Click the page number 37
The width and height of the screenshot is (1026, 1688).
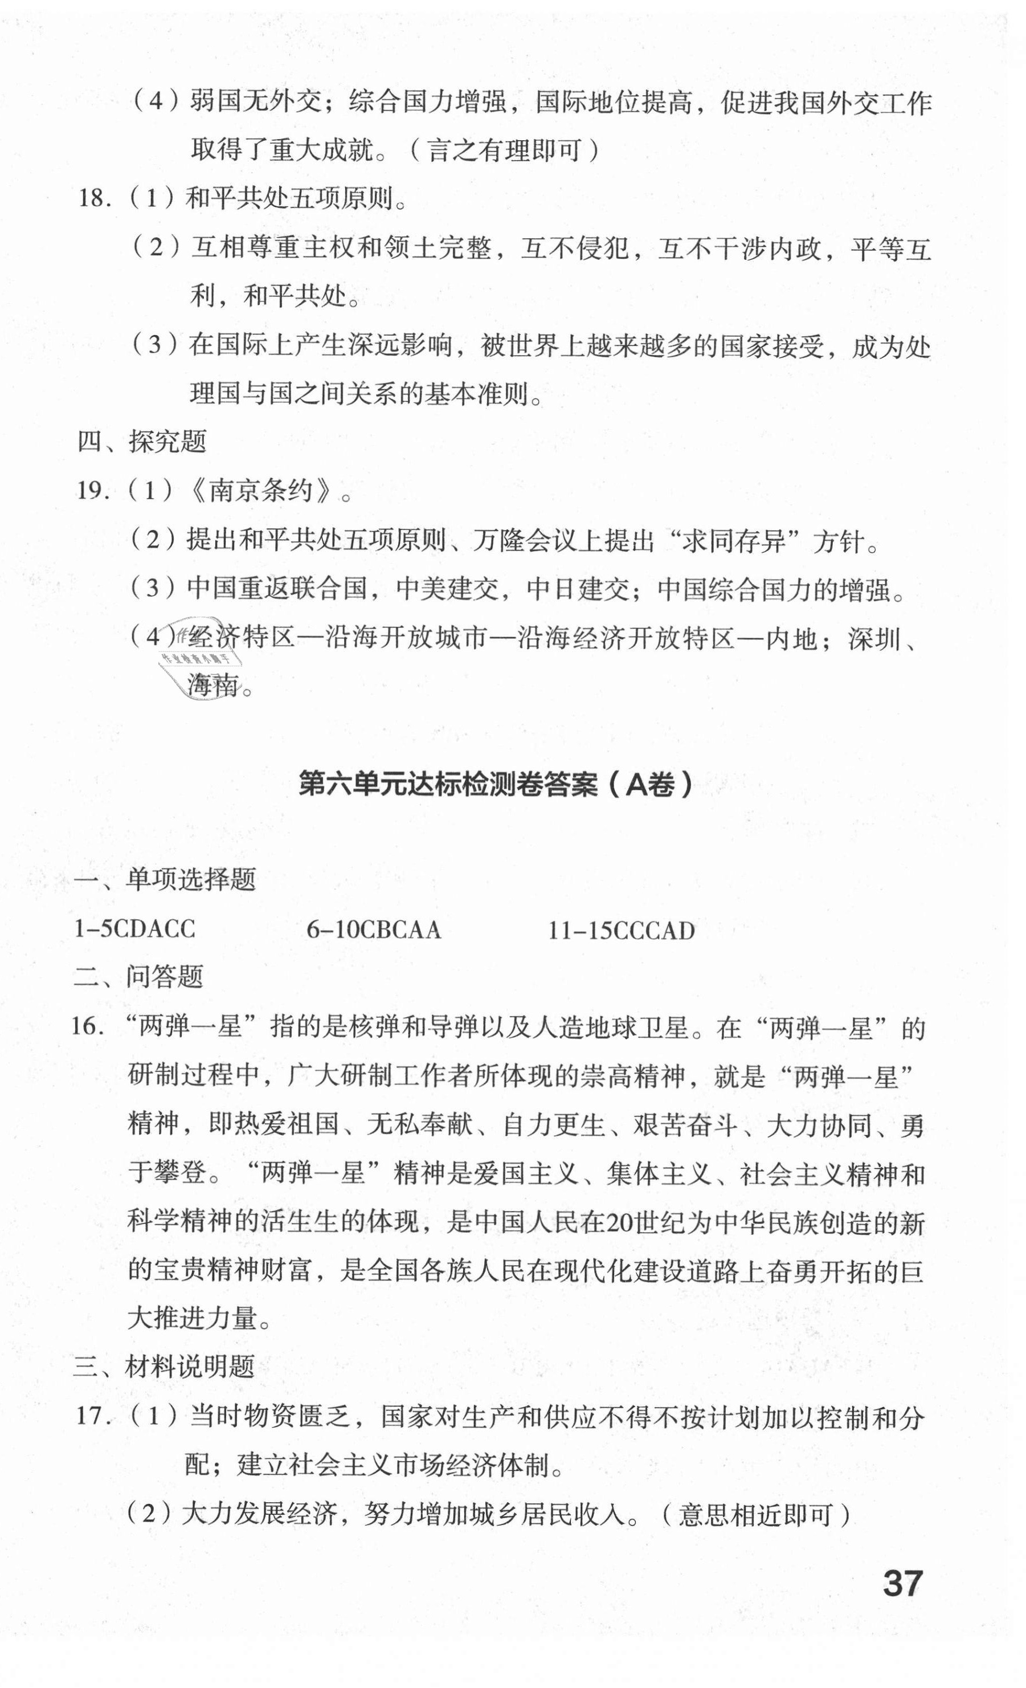point(902,1583)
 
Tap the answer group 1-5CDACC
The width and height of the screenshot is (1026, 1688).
point(135,929)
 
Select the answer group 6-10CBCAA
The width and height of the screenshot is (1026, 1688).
point(373,929)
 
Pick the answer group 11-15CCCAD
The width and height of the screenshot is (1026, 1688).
point(621,930)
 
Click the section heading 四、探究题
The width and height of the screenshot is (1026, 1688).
point(142,442)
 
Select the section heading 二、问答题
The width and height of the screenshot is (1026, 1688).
point(138,977)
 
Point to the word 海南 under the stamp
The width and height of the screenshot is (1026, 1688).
point(213,684)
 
